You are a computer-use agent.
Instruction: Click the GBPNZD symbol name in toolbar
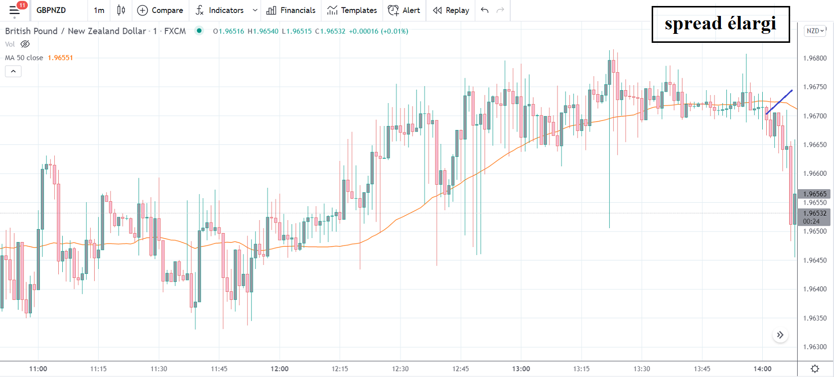click(51, 10)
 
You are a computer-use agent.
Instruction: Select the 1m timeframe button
click(99, 10)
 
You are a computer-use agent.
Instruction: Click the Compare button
click(160, 10)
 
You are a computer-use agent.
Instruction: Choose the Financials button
click(291, 10)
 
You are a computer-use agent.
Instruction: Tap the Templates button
click(352, 10)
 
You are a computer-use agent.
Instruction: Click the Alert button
click(404, 10)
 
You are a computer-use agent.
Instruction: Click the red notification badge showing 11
click(22, 5)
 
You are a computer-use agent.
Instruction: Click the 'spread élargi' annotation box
click(720, 24)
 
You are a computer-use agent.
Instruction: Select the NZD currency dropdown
click(815, 31)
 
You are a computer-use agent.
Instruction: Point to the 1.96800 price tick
click(815, 58)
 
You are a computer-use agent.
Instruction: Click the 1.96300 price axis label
click(815, 347)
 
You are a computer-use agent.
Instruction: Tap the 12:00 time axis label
click(279, 369)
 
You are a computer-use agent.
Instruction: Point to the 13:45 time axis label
click(702, 369)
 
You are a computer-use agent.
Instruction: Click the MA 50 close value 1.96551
click(60, 58)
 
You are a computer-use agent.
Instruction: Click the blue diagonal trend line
click(779, 102)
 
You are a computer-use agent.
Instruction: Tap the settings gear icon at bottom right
click(815, 369)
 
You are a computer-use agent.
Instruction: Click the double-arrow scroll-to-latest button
click(780, 335)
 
